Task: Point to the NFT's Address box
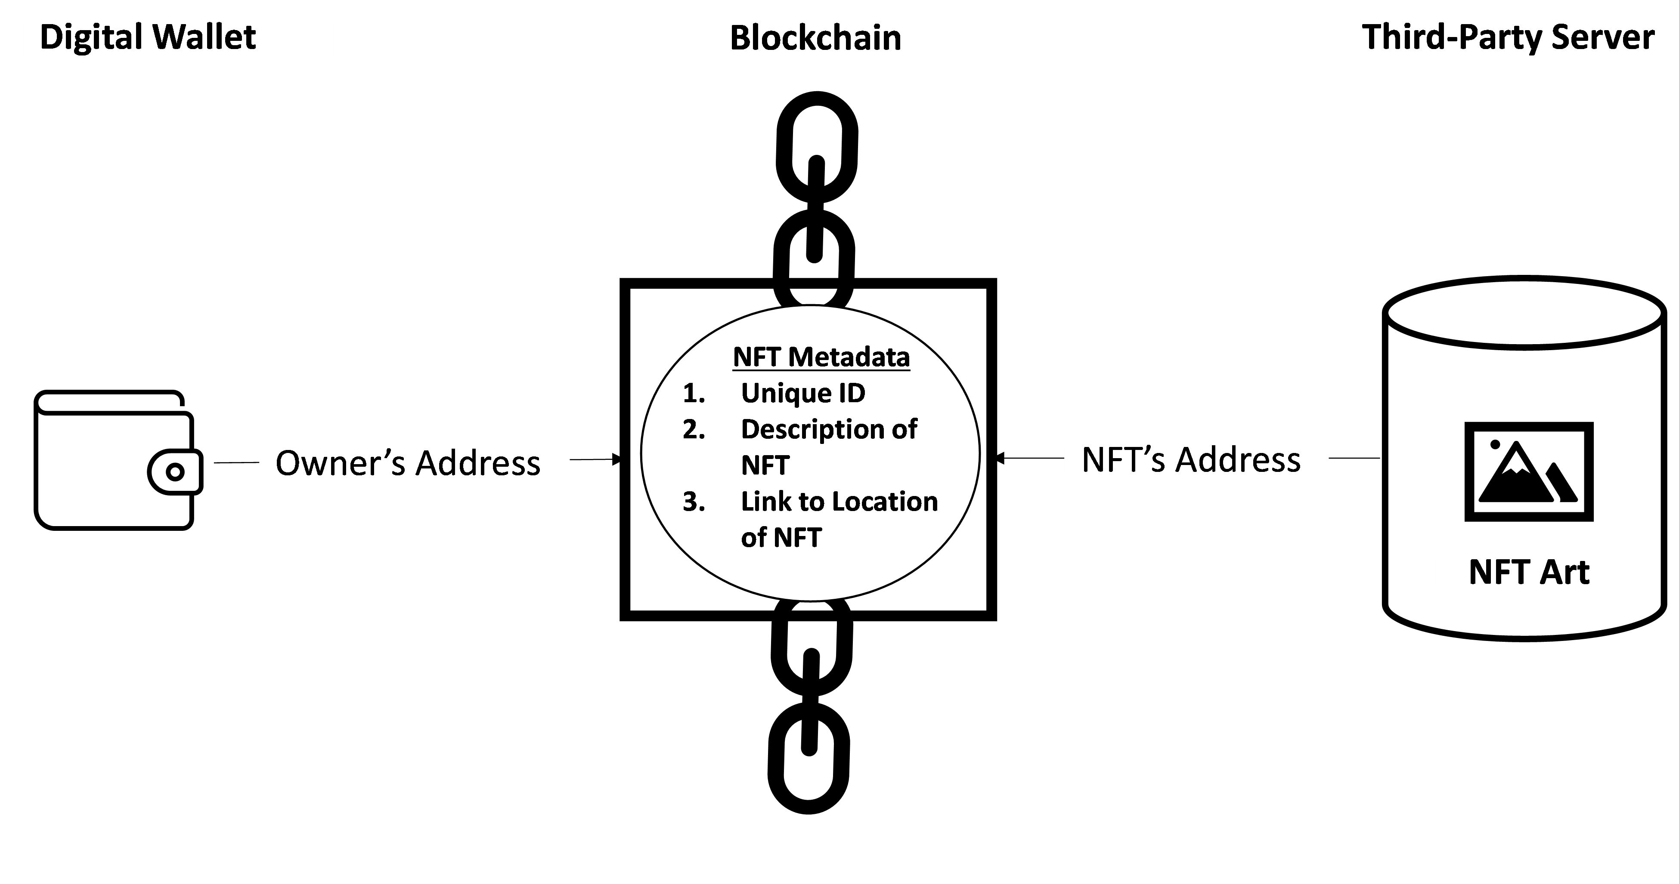pos(1196,459)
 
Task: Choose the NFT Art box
pos(1528,571)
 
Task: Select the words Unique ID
pos(802,393)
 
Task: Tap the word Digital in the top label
pos(90,36)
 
